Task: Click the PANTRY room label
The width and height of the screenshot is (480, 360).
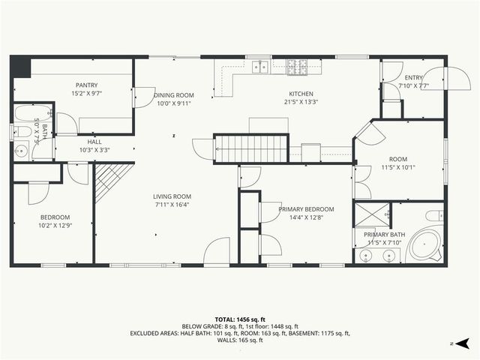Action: pyautogui.click(x=87, y=85)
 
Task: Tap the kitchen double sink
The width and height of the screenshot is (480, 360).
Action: pyautogui.click(x=261, y=67)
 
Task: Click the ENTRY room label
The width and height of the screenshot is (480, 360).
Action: pyautogui.click(x=414, y=78)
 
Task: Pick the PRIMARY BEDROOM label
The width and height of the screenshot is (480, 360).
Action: pyautogui.click(x=306, y=209)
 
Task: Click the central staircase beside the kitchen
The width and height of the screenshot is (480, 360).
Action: pyautogui.click(x=251, y=148)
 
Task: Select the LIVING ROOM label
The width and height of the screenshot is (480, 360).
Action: pyautogui.click(x=172, y=196)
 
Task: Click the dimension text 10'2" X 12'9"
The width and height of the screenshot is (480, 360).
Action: pyautogui.click(x=54, y=225)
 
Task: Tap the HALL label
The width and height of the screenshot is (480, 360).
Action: pyautogui.click(x=94, y=141)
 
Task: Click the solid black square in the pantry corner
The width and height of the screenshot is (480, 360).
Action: pyautogui.click(x=19, y=66)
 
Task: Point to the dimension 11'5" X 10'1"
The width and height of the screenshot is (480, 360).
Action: pyautogui.click(x=397, y=167)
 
